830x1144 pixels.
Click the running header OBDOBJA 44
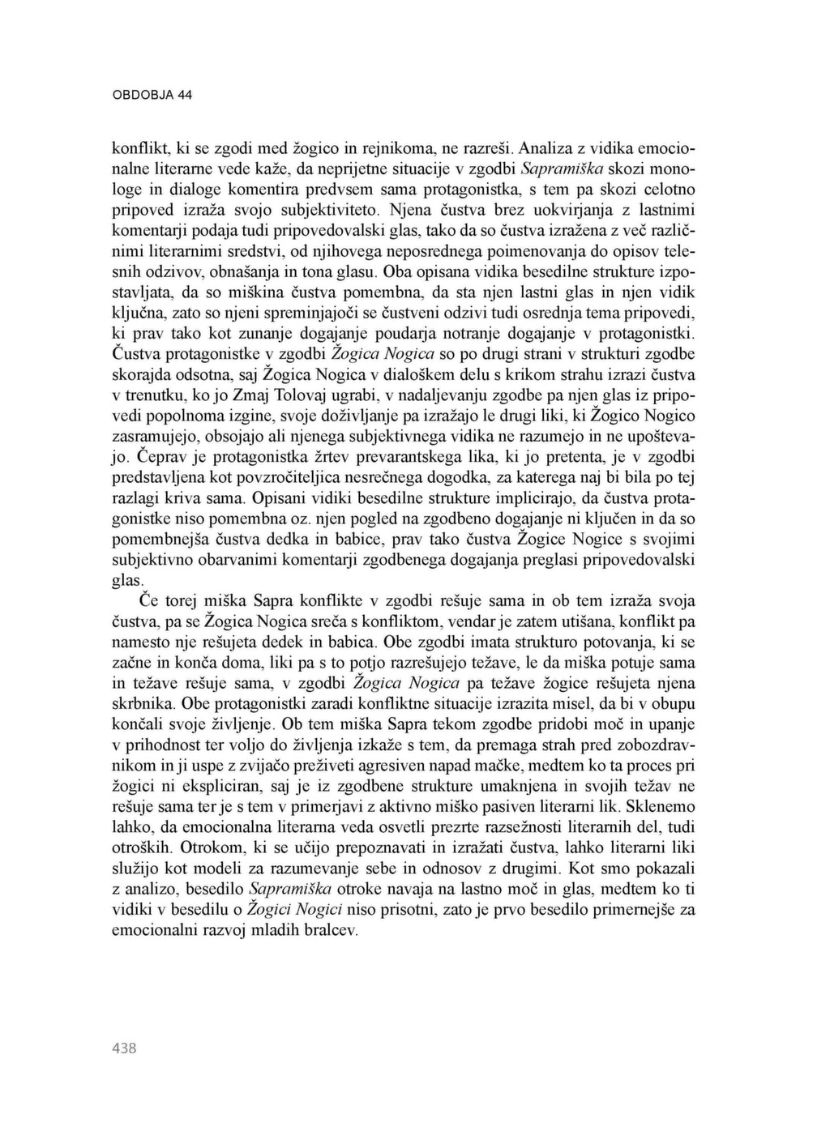pos(152,95)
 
